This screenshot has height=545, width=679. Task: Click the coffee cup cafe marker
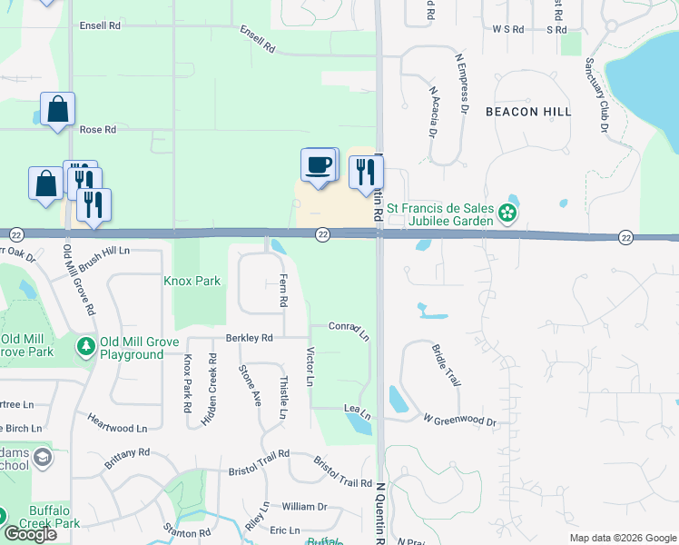tap(318, 166)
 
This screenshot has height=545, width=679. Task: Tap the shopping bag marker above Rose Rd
tap(57, 110)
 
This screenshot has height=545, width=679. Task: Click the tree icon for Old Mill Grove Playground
tap(86, 346)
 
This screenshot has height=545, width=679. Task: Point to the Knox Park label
tap(192, 282)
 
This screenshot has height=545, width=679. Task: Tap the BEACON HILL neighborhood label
tap(528, 111)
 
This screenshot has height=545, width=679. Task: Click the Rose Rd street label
tap(98, 130)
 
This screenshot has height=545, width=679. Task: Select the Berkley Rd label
tap(250, 338)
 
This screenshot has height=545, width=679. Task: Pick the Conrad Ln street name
tap(349, 330)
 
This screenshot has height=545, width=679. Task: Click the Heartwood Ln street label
tap(117, 423)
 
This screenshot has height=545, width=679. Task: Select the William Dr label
tap(304, 506)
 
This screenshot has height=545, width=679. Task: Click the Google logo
tap(30, 534)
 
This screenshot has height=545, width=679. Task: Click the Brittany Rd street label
tap(125, 457)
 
